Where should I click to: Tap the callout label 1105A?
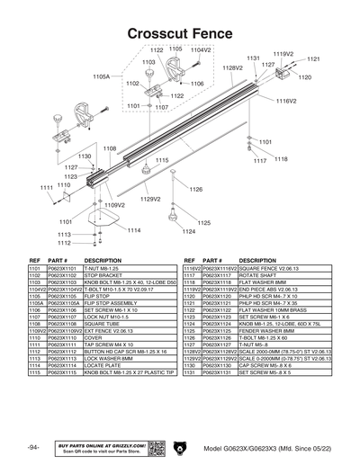click(102, 77)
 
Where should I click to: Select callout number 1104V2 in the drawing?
click(200, 49)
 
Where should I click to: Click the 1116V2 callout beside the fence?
click(286, 102)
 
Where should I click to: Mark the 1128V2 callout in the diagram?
click(233, 67)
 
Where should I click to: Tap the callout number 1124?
click(188, 232)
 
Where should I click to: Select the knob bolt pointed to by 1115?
click(144, 169)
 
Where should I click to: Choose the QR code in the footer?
click(156, 448)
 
